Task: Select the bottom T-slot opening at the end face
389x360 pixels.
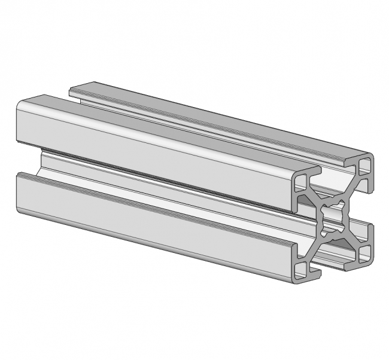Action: pyautogui.click(x=333, y=263)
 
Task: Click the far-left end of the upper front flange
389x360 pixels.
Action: pyautogui.click(x=18, y=123)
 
